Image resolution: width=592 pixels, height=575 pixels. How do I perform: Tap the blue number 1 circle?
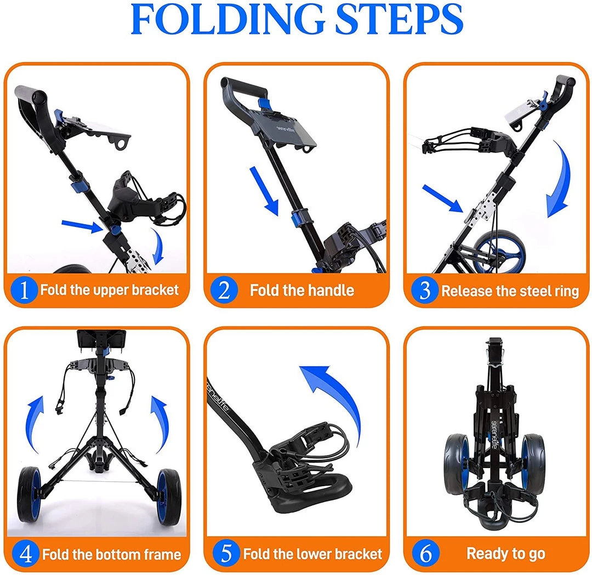tap(24, 290)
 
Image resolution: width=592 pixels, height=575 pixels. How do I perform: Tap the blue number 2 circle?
tap(224, 290)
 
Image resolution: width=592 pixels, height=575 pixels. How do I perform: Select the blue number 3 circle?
tap(424, 290)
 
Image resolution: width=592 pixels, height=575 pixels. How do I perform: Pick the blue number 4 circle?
tap(25, 554)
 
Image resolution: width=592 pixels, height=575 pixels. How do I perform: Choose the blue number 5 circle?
tap(226, 553)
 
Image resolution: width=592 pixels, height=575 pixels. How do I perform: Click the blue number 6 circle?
tap(425, 553)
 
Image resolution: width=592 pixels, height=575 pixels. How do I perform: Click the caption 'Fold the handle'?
tap(302, 291)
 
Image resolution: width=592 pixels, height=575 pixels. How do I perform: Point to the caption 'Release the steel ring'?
tap(510, 291)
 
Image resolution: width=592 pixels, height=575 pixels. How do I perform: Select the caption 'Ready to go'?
tap(506, 554)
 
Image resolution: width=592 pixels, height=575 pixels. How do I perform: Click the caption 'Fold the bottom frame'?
tap(112, 555)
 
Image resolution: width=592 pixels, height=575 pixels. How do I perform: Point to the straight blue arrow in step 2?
tap(264, 191)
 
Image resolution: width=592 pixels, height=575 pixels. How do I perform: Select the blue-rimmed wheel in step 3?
tap(499, 251)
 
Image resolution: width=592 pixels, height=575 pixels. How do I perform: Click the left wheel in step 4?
tap(29, 495)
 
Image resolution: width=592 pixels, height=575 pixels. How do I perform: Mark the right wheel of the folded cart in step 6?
tap(533, 464)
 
